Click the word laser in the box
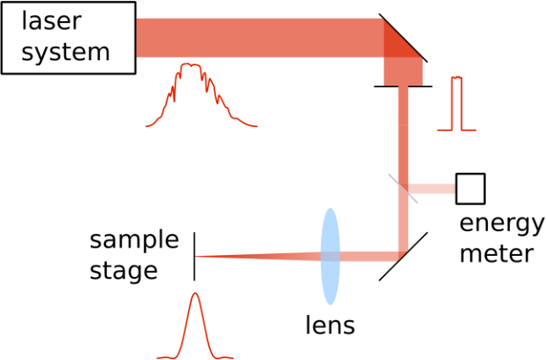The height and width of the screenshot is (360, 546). [51, 21]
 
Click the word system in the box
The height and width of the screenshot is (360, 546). [66, 52]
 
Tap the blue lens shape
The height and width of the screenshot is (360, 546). [330, 257]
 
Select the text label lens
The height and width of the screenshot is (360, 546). [330, 325]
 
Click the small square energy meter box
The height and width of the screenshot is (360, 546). [470, 188]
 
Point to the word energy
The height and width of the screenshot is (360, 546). [502, 224]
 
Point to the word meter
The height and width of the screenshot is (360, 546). [497, 253]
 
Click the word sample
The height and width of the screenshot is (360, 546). [134, 241]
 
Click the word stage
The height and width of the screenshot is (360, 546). [123, 272]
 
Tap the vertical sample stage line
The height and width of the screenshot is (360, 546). [194, 256]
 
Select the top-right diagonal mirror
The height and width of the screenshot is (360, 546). [403, 38]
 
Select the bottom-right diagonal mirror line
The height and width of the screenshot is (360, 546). [403, 257]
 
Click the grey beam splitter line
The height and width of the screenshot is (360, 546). [403, 188]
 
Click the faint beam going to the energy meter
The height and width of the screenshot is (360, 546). [432, 189]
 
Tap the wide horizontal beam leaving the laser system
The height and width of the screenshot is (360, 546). [259, 38]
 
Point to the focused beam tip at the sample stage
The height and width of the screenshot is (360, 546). [196, 257]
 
